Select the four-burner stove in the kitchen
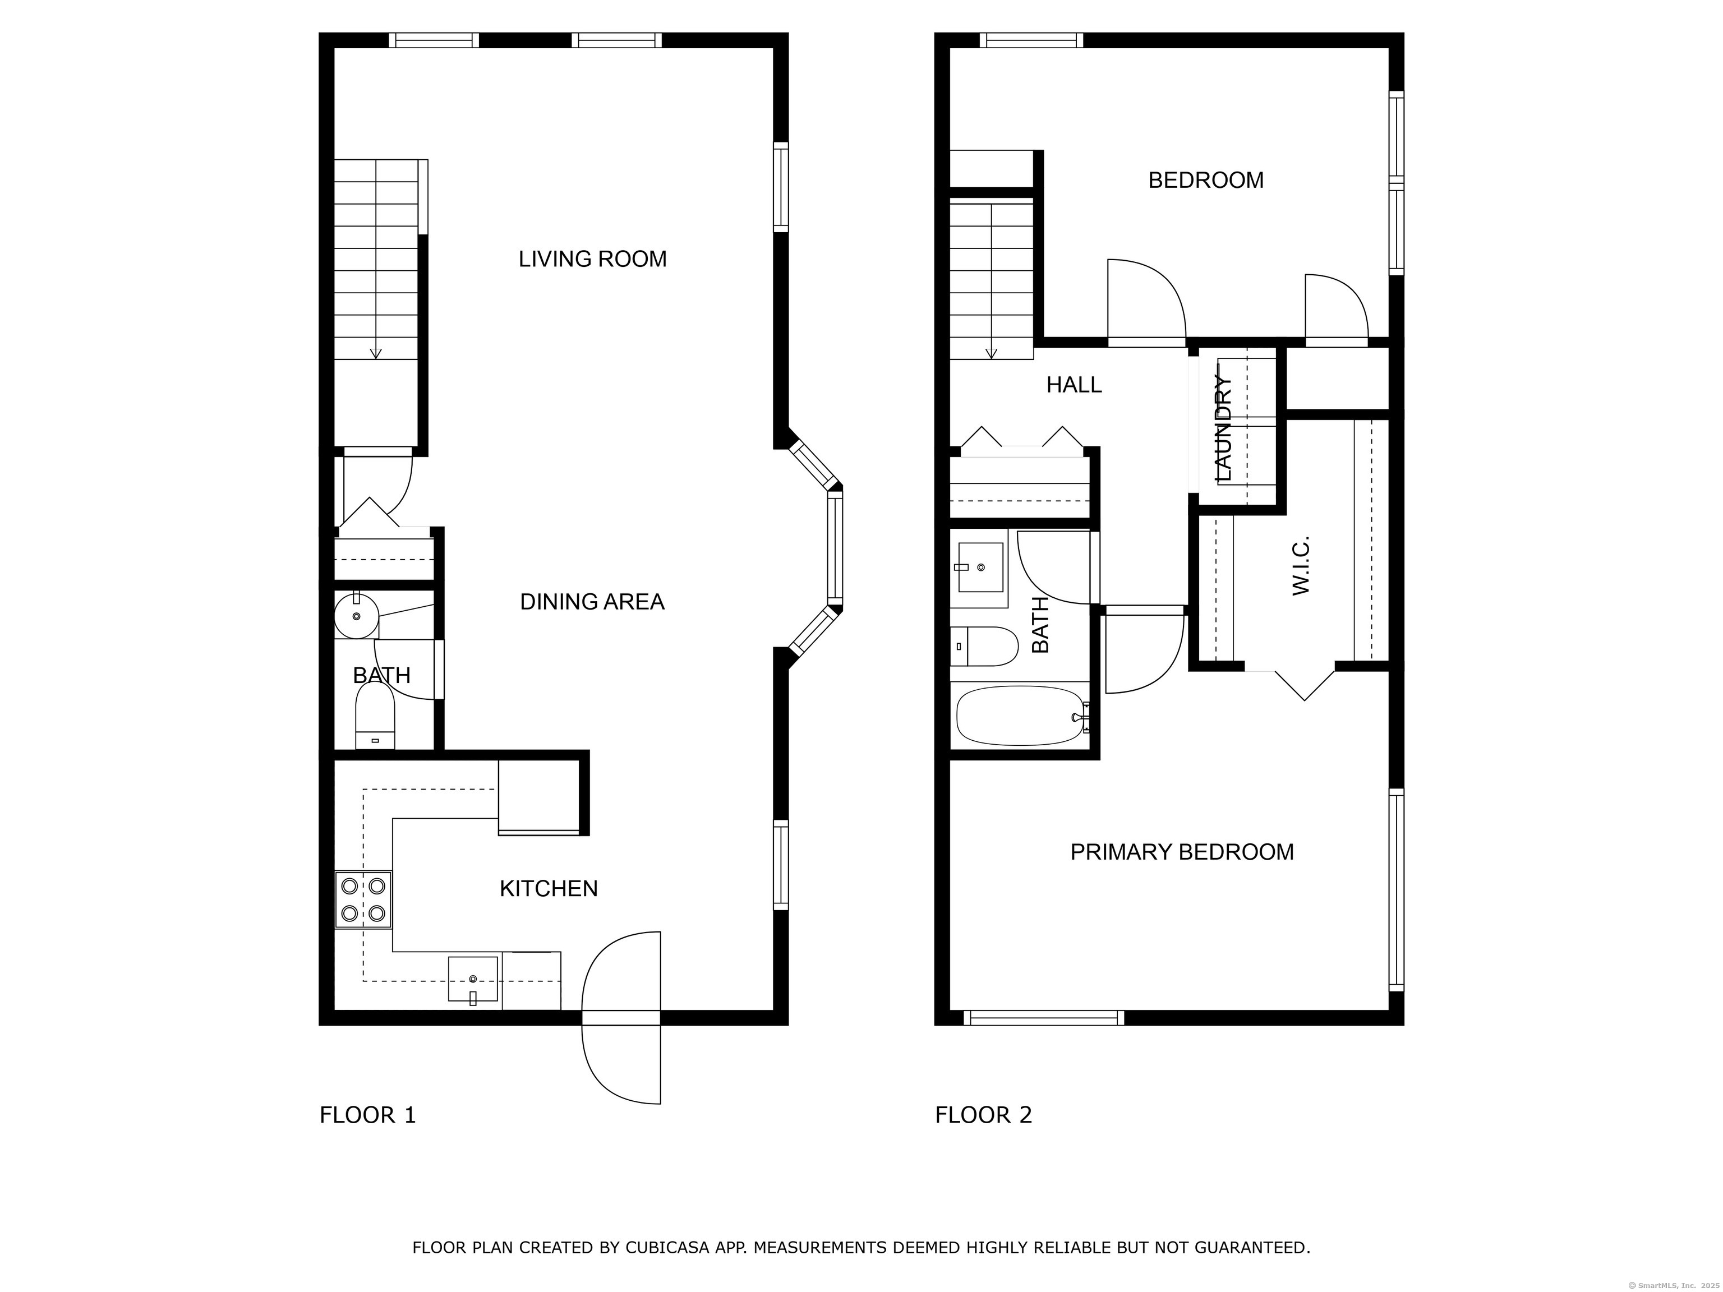pyautogui.click(x=363, y=899)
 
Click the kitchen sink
pyautogui.click(x=473, y=979)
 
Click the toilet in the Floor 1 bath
pyautogui.click(x=375, y=717)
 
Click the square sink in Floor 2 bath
pyautogui.click(x=980, y=567)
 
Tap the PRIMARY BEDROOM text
pyautogui.click(x=1182, y=852)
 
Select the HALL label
pyautogui.click(x=1074, y=385)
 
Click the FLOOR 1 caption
pyautogui.click(x=368, y=1115)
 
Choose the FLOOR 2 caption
pyautogui.click(x=983, y=1115)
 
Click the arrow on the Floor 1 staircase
pyautogui.click(x=375, y=352)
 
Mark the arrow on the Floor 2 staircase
pyautogui.click(x=991, y=352)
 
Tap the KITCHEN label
pyautogui.click(x=549, y=889)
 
